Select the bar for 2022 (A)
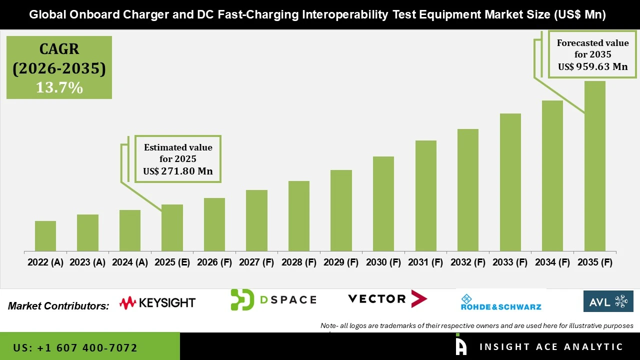click(45, 236)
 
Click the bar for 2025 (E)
click(172, 227)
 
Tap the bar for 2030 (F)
click(383, 203)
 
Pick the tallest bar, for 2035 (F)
click(595, 166)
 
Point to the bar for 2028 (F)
click(299, 216)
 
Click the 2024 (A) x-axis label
click(130, 262)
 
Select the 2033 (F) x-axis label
click(510, 262)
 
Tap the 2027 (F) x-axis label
click(256, 262)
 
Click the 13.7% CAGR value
click(59, 87)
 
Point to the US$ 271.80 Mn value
click(177, 171)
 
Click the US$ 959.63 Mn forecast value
click(592, 66)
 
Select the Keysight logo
click(157, 302)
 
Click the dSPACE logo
click(273, 299)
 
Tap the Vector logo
click(387, 299)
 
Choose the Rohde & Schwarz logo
click(501, 302)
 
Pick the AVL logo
click(608, 301)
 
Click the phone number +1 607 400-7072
click(75, 347)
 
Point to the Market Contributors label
click(58, 306)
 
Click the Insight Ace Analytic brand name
click(551, 347)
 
